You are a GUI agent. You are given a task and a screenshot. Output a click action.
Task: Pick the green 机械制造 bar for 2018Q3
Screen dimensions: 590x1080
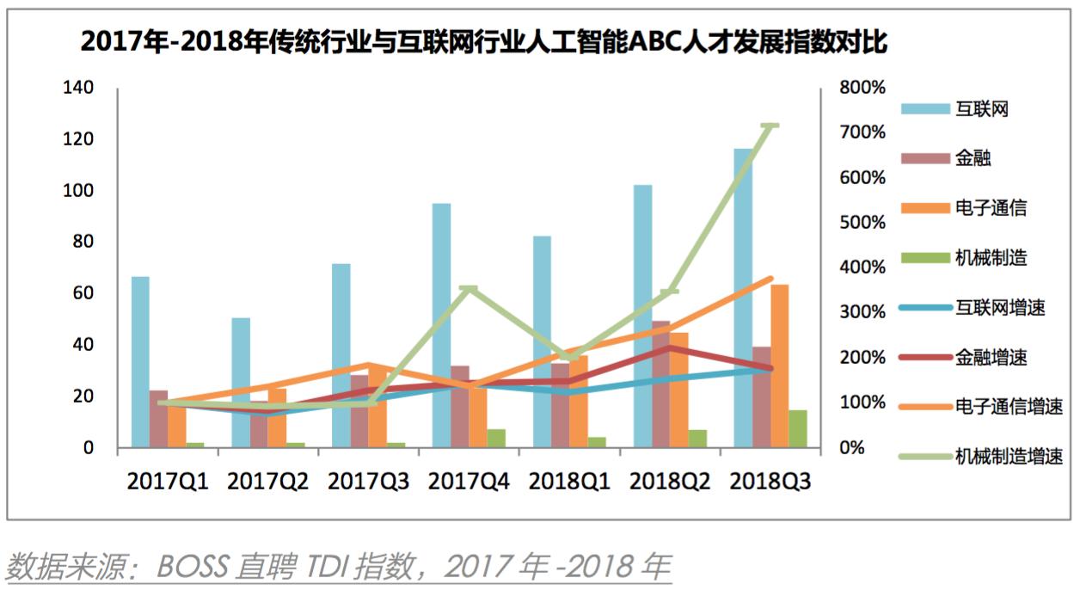[798, 428]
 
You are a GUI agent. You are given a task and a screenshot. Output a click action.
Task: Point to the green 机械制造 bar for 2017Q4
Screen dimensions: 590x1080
[496, 438]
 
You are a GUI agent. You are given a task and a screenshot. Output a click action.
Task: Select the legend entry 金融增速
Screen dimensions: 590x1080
[991, 357]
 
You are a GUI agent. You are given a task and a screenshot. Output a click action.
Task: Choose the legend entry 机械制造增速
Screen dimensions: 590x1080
[1009, 457]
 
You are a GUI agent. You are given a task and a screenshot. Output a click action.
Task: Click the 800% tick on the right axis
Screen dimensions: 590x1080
[862, 88]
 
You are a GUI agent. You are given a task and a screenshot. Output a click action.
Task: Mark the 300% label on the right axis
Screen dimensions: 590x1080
[862, 312]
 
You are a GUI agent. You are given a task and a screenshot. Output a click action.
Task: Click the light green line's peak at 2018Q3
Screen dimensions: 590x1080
[770, 126]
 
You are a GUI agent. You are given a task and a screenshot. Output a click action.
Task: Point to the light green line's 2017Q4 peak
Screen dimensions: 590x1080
[469, 289]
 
